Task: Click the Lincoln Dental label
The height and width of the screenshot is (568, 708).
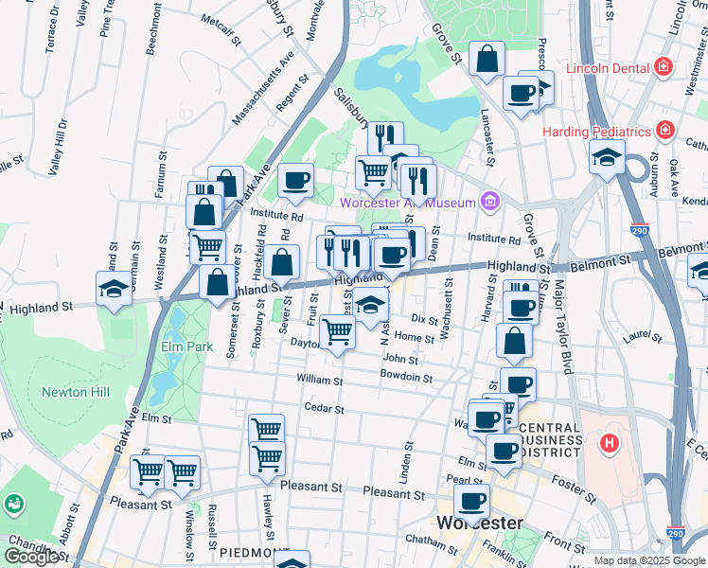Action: tap(607, 68)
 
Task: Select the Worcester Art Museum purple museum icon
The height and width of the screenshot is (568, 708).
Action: tap(489, 201)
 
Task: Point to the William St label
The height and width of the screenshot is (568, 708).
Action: tap(318, 380)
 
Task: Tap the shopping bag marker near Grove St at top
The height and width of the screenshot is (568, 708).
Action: tap(487, 60)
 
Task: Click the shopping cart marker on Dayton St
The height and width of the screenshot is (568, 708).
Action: tap(338, 331)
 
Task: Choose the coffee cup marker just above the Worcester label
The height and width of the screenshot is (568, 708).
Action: tap(471, 501)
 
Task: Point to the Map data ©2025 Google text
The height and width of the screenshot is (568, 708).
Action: tap(648, 560)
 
